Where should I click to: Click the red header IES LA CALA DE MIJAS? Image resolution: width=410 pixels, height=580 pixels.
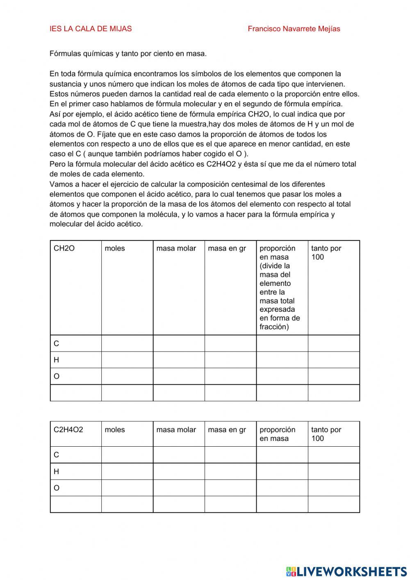(x=91, y=29)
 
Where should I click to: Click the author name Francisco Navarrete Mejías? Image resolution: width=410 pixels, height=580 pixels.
(x=294, y=29)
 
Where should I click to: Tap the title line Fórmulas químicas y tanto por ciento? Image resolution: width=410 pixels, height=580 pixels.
(x=128, y=54)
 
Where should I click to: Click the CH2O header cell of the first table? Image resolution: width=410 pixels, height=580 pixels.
(x=64, y=249)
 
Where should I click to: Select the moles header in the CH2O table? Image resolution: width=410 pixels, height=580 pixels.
(x=115, y=249)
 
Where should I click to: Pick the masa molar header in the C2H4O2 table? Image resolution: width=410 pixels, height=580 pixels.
(x=176, y=430)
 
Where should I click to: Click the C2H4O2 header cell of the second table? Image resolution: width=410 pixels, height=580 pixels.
(x=68, y=430)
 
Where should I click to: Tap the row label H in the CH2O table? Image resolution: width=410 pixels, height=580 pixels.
(x=57, y=360)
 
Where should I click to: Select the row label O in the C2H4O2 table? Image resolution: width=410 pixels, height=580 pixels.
(x=57, y=488)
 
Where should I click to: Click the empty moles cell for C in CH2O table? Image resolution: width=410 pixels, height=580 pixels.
(x=127, y=343)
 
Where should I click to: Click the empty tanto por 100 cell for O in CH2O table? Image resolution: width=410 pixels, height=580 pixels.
(x=334, y=376)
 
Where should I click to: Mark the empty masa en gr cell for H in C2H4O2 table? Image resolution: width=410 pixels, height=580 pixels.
(x=230, y=471)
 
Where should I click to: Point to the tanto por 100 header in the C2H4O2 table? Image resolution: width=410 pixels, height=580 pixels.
(x=326, y=434)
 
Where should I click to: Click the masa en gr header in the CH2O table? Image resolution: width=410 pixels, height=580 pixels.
(x=227, y=249)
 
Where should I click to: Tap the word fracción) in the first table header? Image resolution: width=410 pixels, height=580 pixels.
(x=274, y=327)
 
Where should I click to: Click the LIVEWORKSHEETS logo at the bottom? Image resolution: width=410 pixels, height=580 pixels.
(x=346, y=571)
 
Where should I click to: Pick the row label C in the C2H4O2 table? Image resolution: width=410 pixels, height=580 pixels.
(x=57, y=455)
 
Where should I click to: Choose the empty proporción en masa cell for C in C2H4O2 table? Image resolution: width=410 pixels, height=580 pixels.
(x=282, y=455)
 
